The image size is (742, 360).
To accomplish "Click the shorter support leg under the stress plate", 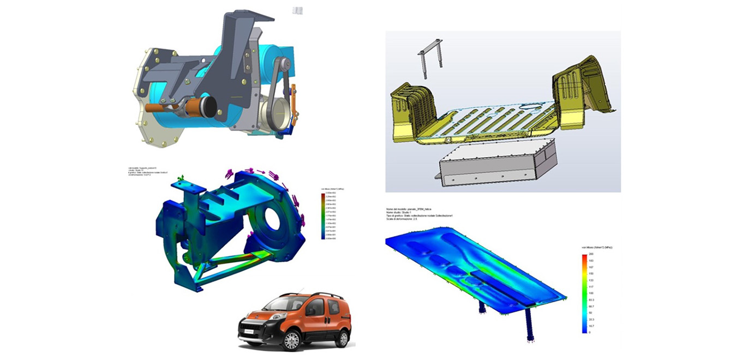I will tap(483, 308).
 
